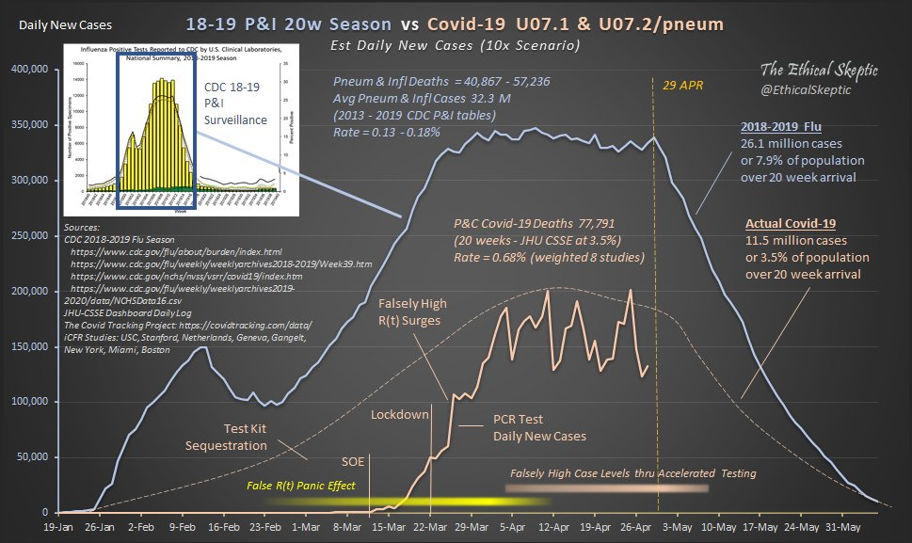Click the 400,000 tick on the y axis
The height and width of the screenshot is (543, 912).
[x=36, y=69]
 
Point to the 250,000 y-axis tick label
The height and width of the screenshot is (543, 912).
[x=36, y=235]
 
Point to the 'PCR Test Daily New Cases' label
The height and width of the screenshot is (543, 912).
[x=539, y=428]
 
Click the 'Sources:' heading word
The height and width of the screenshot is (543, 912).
[x=82, y=228]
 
